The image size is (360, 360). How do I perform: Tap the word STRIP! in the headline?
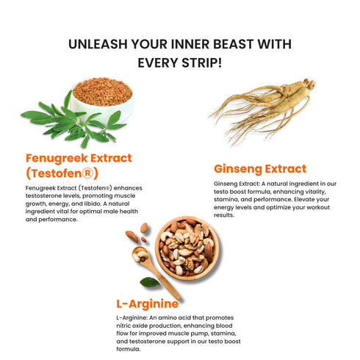[202, 63]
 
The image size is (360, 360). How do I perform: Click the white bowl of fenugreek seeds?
[102, 100]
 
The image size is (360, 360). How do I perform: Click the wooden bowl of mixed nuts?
[187, 248]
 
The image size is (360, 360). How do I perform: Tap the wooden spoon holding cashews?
[153, 270]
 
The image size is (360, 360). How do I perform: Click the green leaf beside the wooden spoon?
[150, 282]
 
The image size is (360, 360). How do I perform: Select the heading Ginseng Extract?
[260, 169]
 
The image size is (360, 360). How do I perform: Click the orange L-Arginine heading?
[148, 304]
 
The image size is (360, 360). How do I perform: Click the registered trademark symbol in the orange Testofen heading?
[87, 173]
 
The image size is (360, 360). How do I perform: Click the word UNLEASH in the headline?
[98, 44]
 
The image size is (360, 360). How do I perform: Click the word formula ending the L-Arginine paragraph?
[129, 349]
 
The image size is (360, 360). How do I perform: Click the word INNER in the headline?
[190, 44]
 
